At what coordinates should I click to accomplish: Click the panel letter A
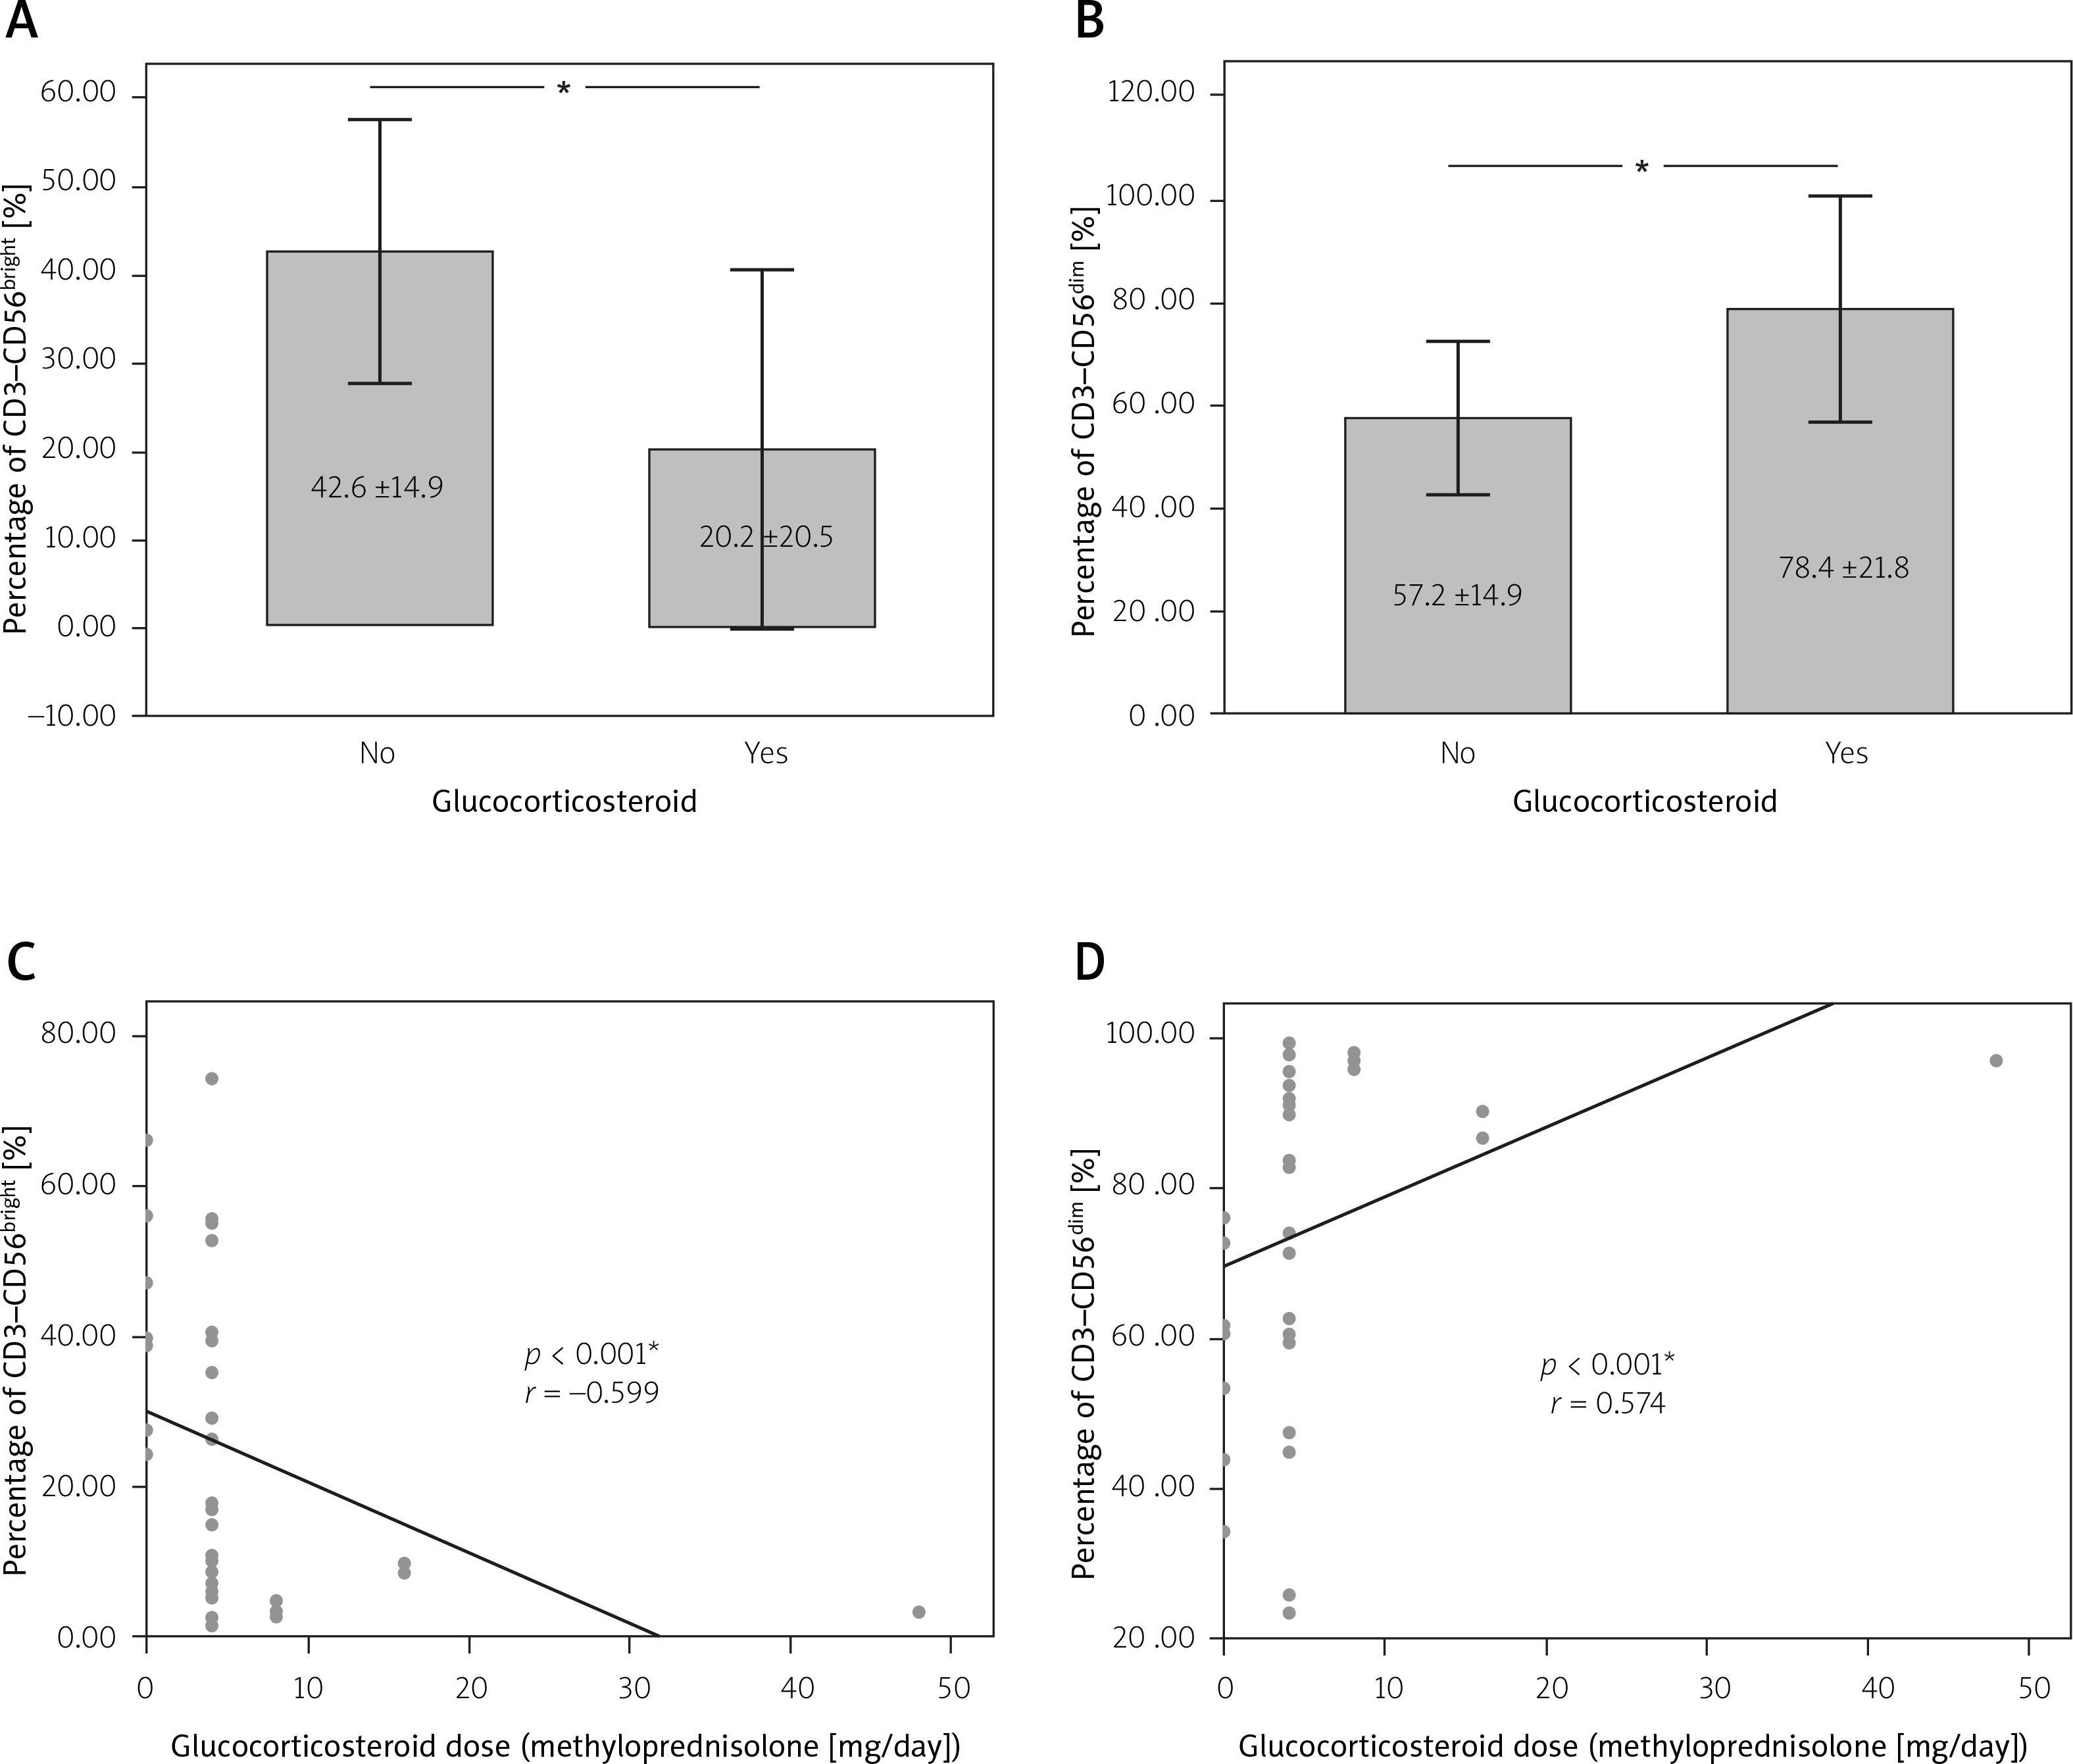pyautogui.click(x=22, y=21)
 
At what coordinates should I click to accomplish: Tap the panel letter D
pyautogui.click(x=1090, y=961)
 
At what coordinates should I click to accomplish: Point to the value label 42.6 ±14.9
pyautogui.click(x=377, y=488)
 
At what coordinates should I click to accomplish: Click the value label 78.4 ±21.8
pyautogui.click(x=1843, y=568)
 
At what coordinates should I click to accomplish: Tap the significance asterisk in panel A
pyautogui.click(x=564, y=90)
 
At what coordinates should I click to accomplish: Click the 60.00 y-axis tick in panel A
pyautogui.click(x=78, y=94)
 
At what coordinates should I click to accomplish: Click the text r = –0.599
pyautogui.click(x=592, y=1393)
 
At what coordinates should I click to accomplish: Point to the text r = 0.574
pyautogui.click(x=1607, y=1404)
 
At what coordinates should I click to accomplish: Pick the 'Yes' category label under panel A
pyautogui.click(x=766, y=753)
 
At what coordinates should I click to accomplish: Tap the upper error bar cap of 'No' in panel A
pyautogui.click(x=380, y=120)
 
